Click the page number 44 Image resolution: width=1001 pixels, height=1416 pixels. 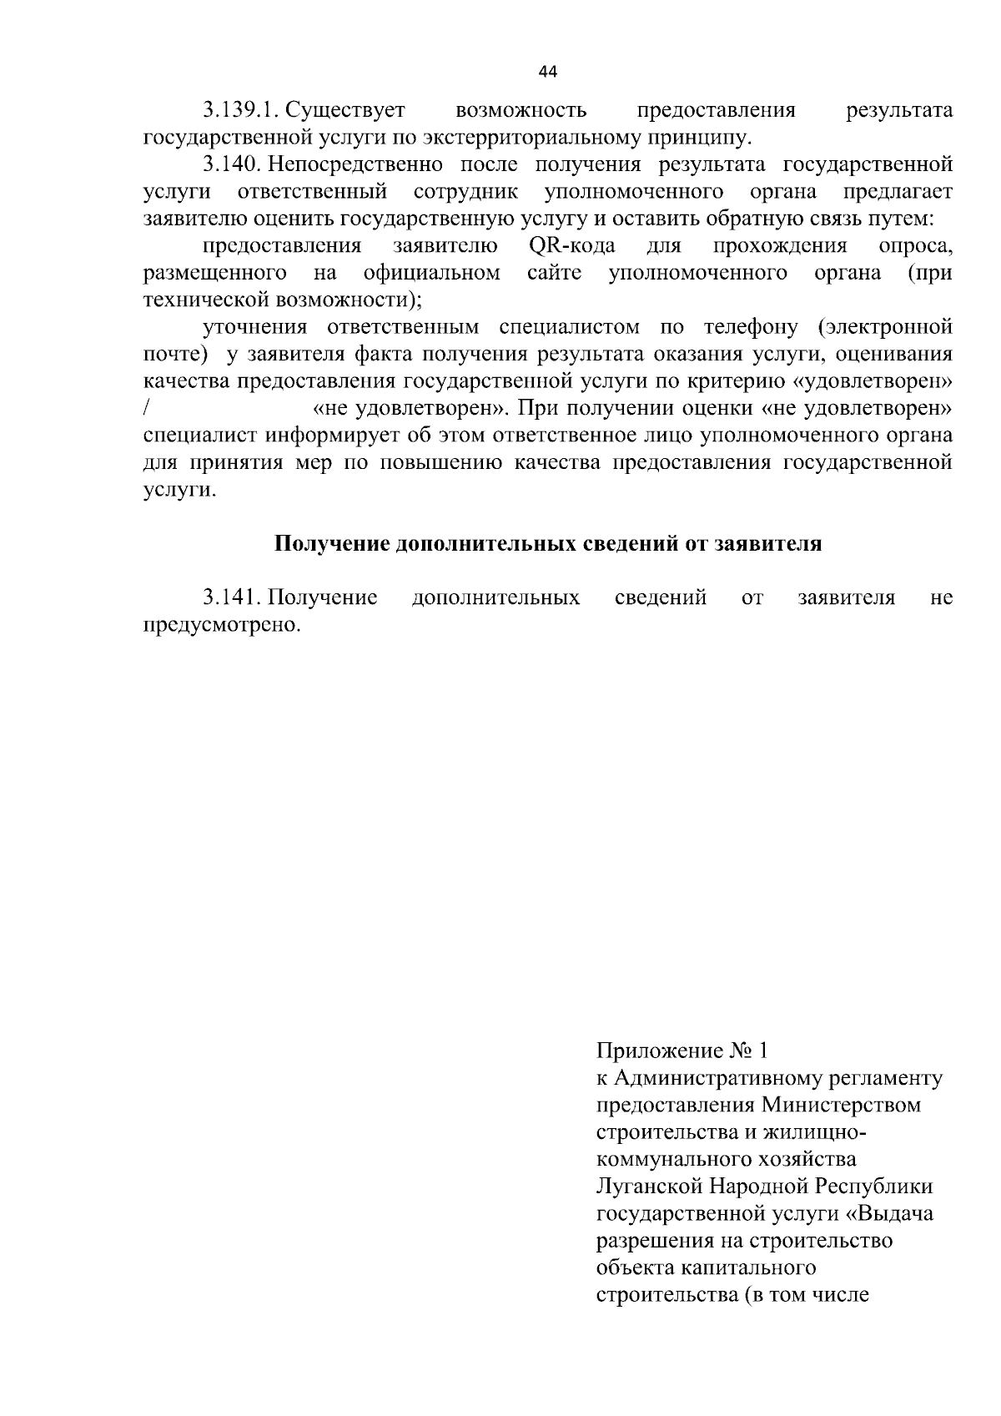click(x=548, y=72)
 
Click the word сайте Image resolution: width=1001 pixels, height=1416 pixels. click(x=554, y=273)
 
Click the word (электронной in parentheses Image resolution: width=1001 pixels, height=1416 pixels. click(x=885, y=327)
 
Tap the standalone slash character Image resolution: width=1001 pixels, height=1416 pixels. click(x=146, y=409)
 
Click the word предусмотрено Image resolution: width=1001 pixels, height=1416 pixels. click(x=221, y=625)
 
